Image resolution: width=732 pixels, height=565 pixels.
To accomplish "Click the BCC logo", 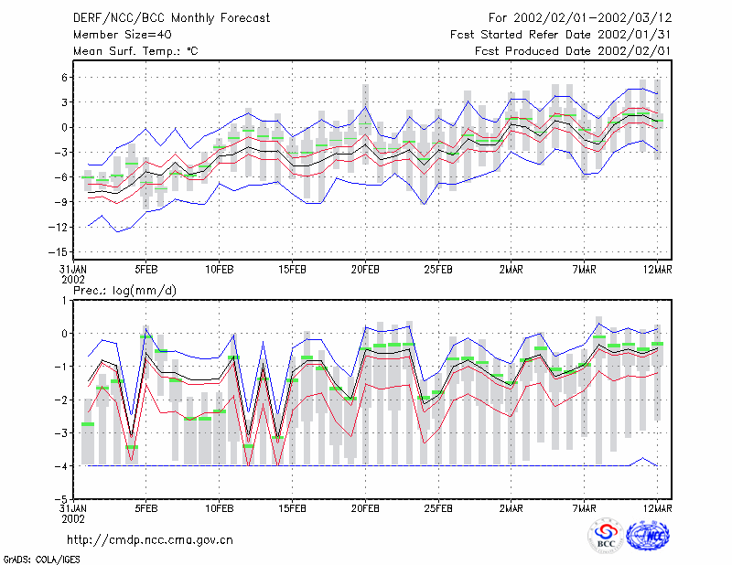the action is [x=606, y=537].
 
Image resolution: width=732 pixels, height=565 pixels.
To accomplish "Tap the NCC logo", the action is [x=648, y=536].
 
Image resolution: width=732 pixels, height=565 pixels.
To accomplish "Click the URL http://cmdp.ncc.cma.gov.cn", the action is [x=150, y=540].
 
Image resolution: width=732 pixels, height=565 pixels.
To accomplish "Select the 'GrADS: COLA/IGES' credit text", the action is [x=42, y=560].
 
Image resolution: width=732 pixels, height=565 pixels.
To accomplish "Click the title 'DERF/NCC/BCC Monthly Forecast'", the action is [x=171, y=18].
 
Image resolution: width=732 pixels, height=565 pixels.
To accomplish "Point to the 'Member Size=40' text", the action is [x=123, y=35].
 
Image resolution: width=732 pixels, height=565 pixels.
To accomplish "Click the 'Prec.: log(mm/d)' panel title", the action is [x=124, y=291].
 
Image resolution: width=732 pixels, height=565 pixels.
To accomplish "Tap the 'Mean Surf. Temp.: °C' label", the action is [x=135, y=51].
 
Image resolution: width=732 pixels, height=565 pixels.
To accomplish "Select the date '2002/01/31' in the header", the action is [x=634, y=35].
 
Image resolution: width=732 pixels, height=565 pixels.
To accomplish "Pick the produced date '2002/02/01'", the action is [x=634, y=51].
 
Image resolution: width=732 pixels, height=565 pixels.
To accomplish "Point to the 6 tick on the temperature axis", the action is [x=64, y=78].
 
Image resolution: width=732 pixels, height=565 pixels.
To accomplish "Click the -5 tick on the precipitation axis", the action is [x=61, y=499].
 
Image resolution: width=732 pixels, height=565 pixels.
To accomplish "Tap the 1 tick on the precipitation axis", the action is [x=64, y=301].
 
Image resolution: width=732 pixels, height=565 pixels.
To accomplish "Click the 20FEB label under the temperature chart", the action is [x=365, y=270].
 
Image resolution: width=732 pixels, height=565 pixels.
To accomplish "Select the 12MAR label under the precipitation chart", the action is [x=657, y=508].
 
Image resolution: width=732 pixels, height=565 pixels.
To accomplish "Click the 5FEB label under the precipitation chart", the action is [x=146, y=508].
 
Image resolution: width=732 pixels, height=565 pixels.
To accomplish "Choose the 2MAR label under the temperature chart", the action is [x=511, y=270].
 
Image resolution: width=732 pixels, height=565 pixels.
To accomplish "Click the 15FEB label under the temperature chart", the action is [x=292, y=270].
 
